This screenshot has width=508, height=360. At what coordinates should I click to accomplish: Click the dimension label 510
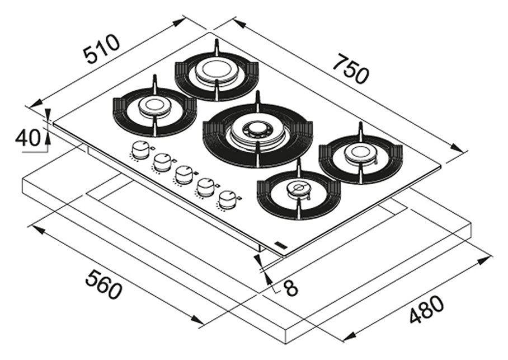click(x=101, y=49)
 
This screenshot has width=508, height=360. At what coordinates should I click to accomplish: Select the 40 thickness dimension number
click(x=27, y=137)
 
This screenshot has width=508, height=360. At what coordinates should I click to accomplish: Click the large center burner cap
click(x=258, y=130)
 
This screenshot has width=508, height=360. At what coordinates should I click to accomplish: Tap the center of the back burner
click(x=216, y=72)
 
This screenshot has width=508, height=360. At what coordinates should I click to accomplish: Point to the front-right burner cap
click(x=298, y=189)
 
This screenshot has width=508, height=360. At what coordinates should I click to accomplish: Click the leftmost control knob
click(x=140, y=148)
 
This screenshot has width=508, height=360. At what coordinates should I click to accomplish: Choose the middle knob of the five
click(x=184, y=175)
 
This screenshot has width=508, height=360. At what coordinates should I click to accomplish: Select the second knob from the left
click(x=162, y=162)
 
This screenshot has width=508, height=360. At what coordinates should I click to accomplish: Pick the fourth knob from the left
click(x=206, y=187)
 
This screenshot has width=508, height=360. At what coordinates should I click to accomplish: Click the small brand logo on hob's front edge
click(x=280, y=244)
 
